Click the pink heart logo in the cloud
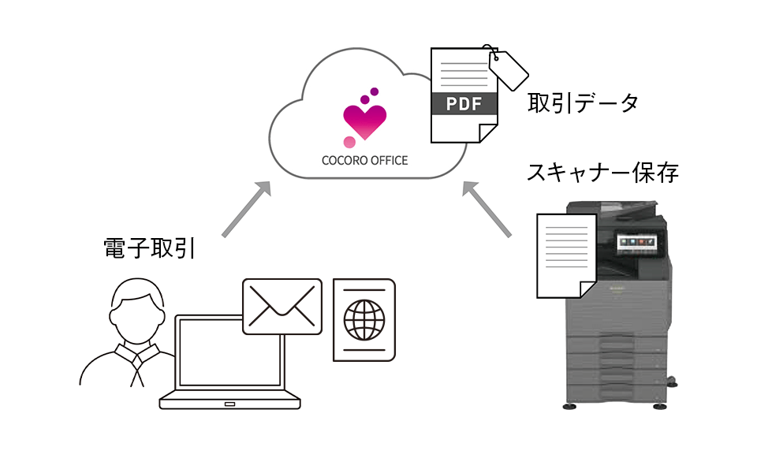click(365, 121)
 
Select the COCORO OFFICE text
click(364, 160)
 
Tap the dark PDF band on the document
click(464, 104)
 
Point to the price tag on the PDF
click(509, 69)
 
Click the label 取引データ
click(583, 102)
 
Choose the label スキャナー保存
click(602, 173)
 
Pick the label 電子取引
click(149, 248)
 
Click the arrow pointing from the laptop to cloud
click(246, 210)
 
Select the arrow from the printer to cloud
click(487, 210)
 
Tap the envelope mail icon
click(282, 306)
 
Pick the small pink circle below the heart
click(349, 142)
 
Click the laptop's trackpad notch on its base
click(229, 404)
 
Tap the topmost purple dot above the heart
click(375, 91)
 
